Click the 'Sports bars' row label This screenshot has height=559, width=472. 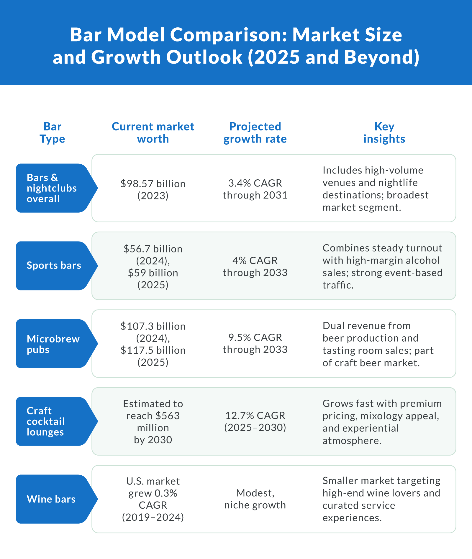(54, 266)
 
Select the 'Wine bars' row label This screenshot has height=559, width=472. (51, 499)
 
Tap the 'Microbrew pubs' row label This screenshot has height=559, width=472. (53, 344)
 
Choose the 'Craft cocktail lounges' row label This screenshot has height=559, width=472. (46, 421)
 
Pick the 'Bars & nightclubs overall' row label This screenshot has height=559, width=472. (52, 188)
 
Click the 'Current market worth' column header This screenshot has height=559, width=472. (153, 133)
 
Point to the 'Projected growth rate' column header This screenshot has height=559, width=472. (255, 133)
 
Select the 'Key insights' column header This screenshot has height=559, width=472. (384, 133)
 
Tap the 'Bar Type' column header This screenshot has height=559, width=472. (52, 133)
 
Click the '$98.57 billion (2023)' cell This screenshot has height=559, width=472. (153, 189)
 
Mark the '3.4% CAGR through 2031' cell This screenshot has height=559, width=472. (255, 189)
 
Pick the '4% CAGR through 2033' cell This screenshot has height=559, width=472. (255, 267)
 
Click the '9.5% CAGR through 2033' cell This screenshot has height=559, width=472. (255, 343)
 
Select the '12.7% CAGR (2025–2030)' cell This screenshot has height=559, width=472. (255, 421)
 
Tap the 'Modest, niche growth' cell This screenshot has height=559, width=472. (255, 499)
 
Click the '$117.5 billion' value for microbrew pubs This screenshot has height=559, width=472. (153, 350)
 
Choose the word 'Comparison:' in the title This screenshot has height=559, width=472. (228, 35)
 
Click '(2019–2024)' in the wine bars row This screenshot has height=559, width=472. (153, 517)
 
